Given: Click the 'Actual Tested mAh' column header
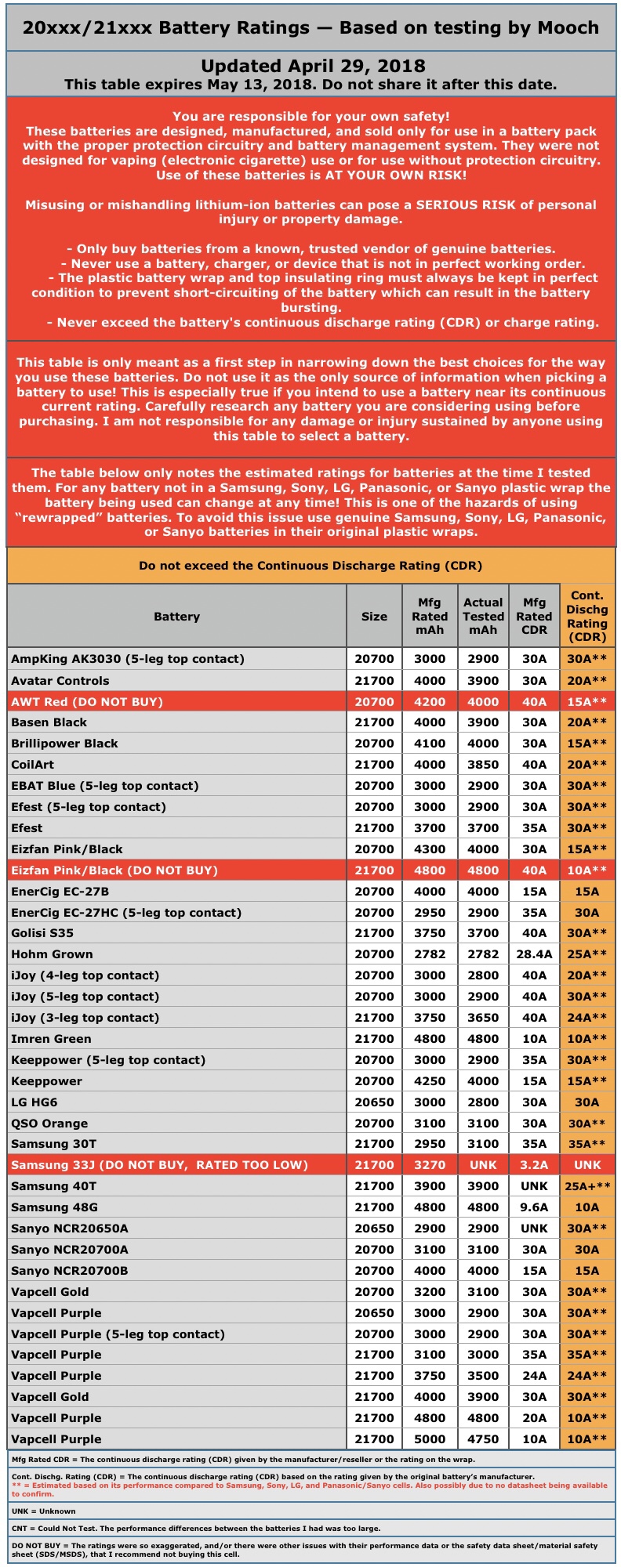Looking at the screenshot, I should click(483, 616).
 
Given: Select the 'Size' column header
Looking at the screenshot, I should click(374, 616).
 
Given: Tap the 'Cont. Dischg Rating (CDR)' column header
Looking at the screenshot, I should click(586, 616).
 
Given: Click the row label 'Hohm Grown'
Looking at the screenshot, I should click(52, 954).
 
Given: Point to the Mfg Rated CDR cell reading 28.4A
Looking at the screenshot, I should click(534, 954).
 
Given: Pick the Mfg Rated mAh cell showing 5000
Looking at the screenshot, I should click(430, 1439).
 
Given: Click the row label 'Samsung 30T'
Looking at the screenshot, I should click(53, 1144).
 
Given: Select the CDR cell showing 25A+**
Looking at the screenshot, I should click(587, 1186).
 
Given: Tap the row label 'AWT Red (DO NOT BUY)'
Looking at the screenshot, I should click(87, 702).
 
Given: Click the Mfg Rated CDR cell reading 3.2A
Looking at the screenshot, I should click(534, 1165).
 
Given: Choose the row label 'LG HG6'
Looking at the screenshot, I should click(34, 1102).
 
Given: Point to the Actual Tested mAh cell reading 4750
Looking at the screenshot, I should click(483, 1439).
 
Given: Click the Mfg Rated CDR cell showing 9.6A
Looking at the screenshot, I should click(534, 1207).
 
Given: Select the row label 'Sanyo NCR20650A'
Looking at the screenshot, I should click(70, 1229).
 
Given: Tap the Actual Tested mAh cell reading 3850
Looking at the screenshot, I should click(483, 765).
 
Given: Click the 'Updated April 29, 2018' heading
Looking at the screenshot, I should click(313, 66).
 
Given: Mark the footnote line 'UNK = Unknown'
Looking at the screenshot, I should click(44, 1511).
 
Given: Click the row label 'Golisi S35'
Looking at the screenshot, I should click(42, 933).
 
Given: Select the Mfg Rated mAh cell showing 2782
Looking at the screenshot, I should click(430, 954).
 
